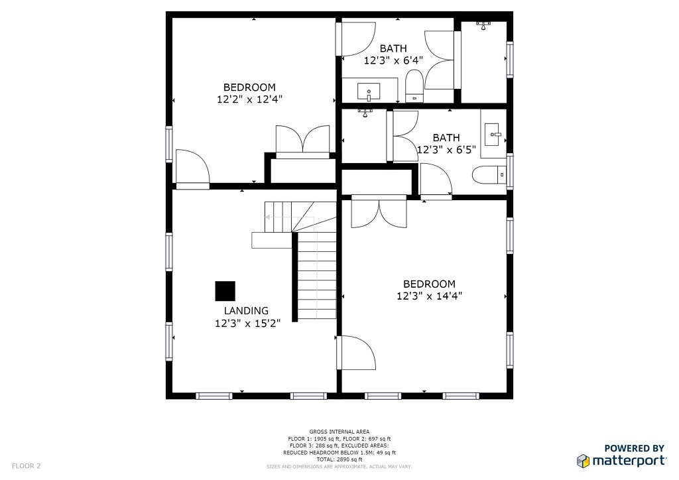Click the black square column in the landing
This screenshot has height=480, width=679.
pyautogui.click(x=225, y=291)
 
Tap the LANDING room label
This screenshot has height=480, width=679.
pyautogui.click(x=246, y=311)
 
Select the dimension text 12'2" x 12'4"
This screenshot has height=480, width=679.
pyautogui.click(x=249, y=99)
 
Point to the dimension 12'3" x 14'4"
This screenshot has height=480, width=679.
pyautogui.click(x=429, y=296)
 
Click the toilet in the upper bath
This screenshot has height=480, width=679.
pyautogui.click(x=414, y=86)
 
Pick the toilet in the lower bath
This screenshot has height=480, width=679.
pyautogui.click(x=489, y=174)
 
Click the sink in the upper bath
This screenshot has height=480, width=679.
pyautogui.click(x=369, y=91)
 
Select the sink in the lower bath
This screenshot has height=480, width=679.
pyautogui.click(x=492, y=134)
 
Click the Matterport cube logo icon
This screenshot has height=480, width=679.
pyautogui.click(x=583, y=461)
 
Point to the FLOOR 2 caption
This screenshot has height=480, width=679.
pyautogui.click(x=26, y=465)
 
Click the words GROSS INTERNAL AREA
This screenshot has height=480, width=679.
pyautogui.click(x=339, y=432)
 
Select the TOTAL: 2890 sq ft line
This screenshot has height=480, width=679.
pyautogui.click(x=339, y=459)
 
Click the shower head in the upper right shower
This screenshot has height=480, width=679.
pyautogui.click(x=483, y=26)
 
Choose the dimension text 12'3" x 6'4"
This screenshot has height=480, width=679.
pyautogui.click(x=393, y=60)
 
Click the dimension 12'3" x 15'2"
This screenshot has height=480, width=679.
pyautogui.click(x=248, y=323)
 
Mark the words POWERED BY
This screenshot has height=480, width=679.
pyautogui.click(x=635, y=448)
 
